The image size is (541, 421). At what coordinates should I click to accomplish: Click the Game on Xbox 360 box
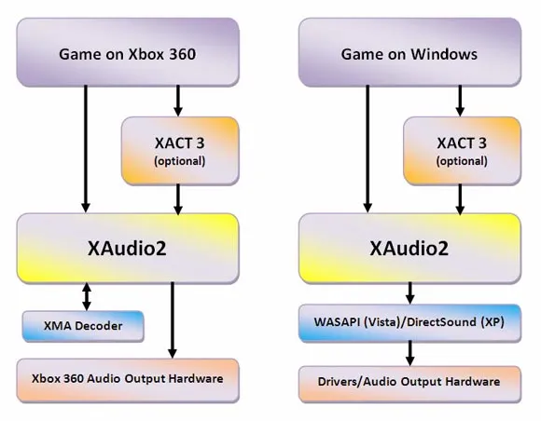128,52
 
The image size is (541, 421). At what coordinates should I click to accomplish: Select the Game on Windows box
409,52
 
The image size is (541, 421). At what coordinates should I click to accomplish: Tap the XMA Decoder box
83,326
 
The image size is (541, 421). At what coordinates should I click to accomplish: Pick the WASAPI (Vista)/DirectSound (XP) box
409,323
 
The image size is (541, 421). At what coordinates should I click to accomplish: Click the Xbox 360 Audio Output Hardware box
128,380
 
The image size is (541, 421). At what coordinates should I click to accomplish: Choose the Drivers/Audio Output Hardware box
409,384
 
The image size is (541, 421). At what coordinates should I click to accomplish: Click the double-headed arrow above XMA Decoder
87,296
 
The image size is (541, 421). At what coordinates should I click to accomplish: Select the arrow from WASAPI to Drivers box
409,353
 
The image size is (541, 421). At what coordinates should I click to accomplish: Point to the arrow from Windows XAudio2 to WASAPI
409,293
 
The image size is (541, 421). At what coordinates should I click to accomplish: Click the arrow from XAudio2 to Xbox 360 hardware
173,320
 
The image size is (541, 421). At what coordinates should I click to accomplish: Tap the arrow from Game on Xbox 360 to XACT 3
178,101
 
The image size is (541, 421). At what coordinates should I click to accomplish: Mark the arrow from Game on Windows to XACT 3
460,101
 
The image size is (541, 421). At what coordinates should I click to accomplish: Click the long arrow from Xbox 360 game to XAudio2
86,149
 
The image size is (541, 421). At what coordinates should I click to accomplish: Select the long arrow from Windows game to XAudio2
368,149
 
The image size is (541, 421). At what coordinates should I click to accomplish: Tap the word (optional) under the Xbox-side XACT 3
180,161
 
